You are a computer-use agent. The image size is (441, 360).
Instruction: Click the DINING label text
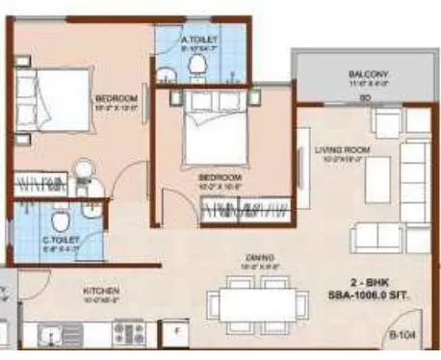point(261,257)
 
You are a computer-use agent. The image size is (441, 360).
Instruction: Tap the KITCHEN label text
point(100,289)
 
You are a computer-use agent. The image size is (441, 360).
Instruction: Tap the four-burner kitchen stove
point(128,333)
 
